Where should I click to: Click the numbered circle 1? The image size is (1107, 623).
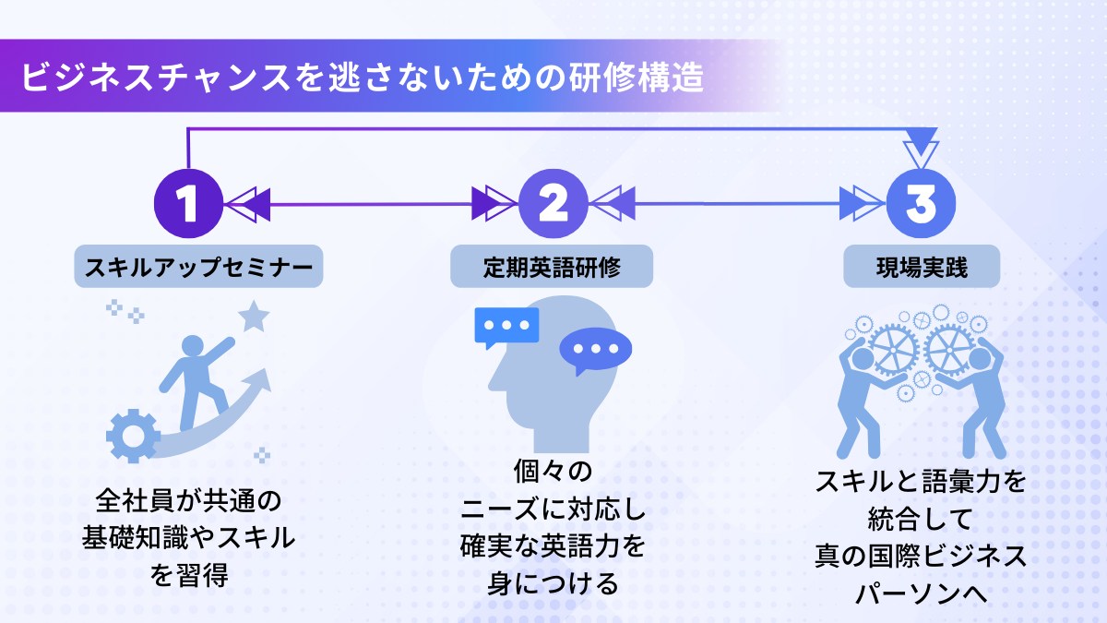(x=187, y=204)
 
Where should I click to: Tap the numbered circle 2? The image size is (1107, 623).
(x=553, y=204)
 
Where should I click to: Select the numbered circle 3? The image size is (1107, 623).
(x=920, y=204)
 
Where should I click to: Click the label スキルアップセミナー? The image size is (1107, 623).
(x=198, y=267)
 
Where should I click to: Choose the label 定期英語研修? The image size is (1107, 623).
(x=552, y=267)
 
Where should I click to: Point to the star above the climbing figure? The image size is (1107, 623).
(x=254, y=317)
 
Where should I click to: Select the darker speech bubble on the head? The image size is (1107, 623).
(x=594, y=351)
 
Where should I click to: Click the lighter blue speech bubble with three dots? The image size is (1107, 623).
(x=506, y=326)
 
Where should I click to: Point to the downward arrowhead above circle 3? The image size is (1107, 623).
(x=921, y=149)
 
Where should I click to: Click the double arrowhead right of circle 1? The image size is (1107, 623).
(x=247, y=204)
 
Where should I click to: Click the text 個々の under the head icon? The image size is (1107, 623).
(x=551, y=472)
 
